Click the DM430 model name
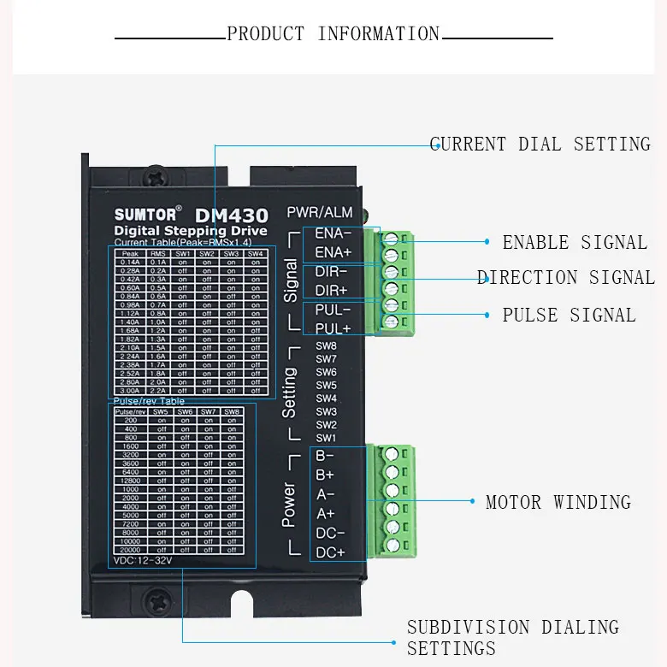tap(231, 215)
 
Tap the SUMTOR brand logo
tap(146, 214)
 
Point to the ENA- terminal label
tap(333, 233)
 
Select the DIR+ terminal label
tap(333, 291)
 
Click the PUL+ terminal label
tap(333, 328)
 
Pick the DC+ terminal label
tap(330, 552)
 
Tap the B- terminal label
tap(325, 456)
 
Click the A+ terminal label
tap(326, 513)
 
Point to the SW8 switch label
tap(327, 346)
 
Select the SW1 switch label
tap(327, 438)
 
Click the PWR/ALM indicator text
tap(319, 212)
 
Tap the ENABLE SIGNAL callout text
tap(575, 243)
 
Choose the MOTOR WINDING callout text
tap(558, 503)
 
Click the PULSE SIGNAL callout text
tap(569, 316)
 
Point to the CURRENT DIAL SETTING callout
tap(540, 145)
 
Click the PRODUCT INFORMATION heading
tap(333, 34)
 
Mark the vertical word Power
tap(289, 505)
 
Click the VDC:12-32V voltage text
tap(143, 561)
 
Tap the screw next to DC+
tap(392, 545)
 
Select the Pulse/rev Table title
tap(149, 401)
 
